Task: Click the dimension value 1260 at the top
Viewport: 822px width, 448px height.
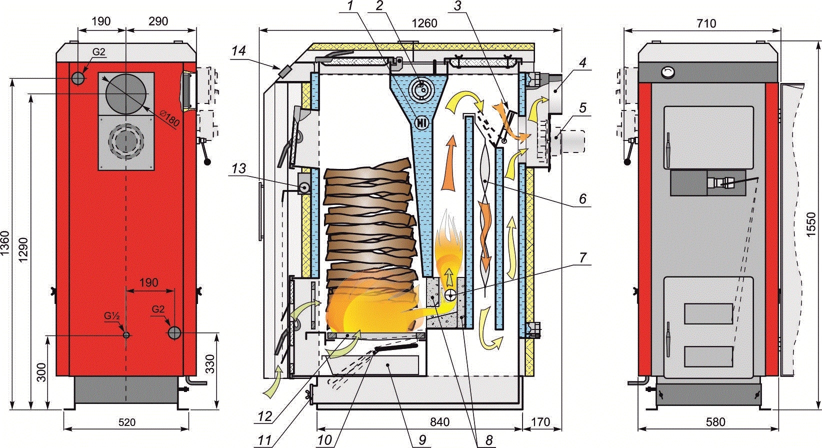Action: coord(424,23)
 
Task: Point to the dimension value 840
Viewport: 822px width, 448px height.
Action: coord(438,422)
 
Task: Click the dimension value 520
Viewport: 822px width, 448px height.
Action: coord(126,422)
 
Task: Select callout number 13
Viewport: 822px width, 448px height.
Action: coord(239,169)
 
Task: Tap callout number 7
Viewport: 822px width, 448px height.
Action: coord(582,258)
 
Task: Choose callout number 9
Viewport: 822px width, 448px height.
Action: coord(422,440)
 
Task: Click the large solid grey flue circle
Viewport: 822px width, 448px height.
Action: coord(126,94)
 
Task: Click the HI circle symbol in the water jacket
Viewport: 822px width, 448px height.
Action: coord(422,121)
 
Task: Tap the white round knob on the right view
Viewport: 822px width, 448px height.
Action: coord(668,72)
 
